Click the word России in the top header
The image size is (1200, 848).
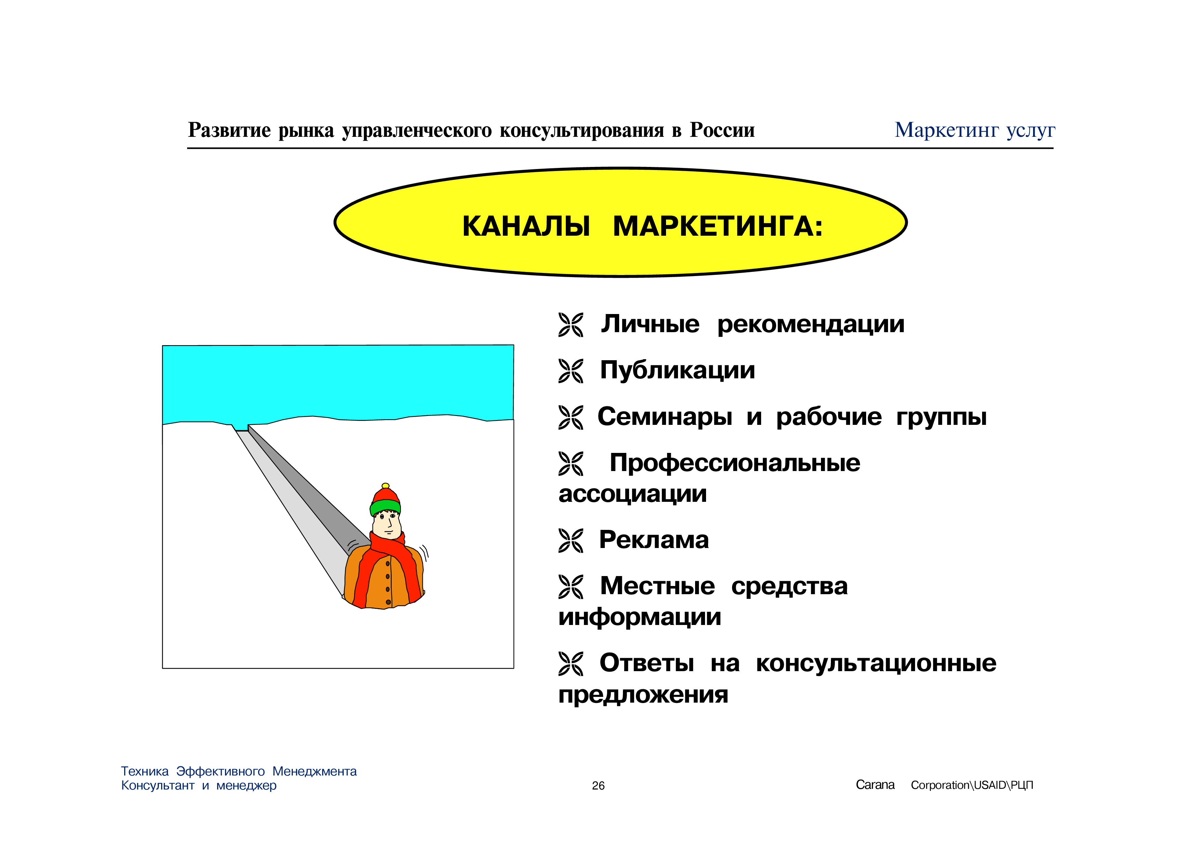tap(722, 130)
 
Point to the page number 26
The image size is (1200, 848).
tap(598, 785)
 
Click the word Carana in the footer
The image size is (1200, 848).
tap(875, 785)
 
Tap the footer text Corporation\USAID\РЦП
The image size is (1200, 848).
tap(972, 785)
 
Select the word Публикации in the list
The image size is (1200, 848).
tap(677, 371)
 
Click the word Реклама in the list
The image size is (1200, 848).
tap(654, 540)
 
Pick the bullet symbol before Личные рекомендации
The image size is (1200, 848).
tap(571, 325)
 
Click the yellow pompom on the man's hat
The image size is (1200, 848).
tap(386, 486)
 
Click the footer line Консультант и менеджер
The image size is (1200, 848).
tap(199, 786)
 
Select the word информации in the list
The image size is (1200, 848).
tap(640, 617)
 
